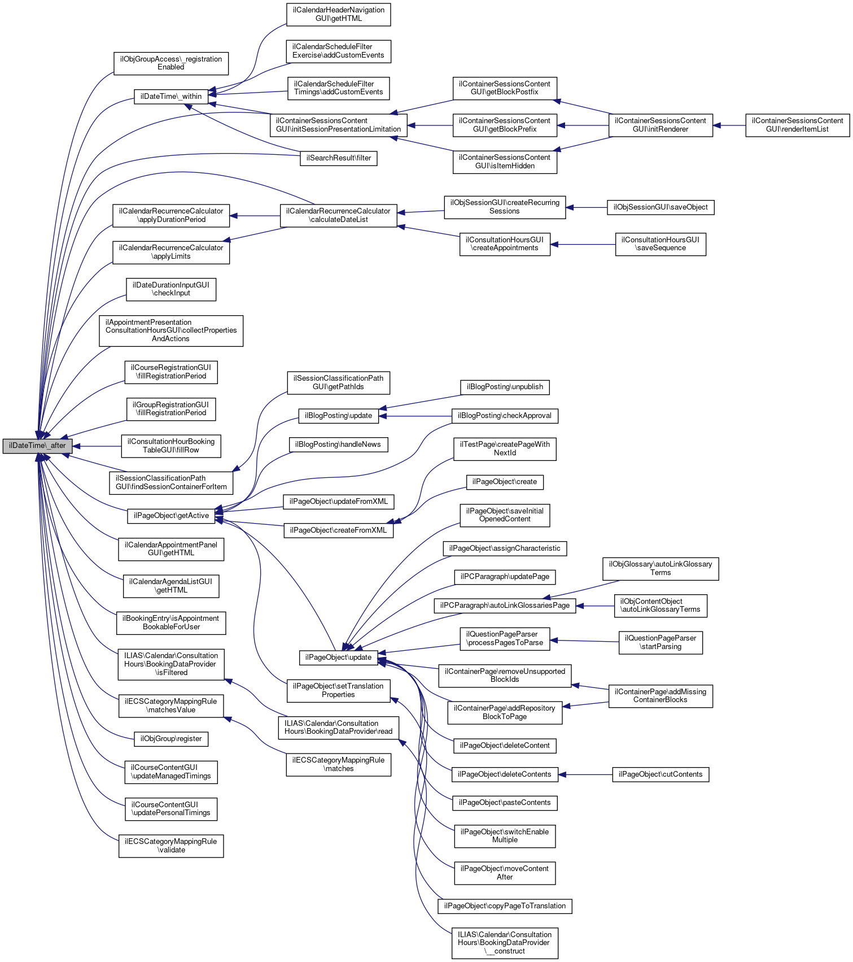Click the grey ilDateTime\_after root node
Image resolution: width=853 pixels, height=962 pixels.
point(37,446)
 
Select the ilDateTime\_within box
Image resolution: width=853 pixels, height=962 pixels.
point(171,97)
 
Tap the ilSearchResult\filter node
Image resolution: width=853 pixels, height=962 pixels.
point(339,158)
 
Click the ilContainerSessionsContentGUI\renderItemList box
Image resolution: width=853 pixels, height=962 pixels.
point(797,125)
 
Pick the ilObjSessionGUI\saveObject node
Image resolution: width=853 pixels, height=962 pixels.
point(660,207)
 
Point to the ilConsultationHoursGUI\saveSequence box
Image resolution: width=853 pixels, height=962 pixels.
point(660,244)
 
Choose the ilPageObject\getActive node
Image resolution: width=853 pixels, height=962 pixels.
point(171,516)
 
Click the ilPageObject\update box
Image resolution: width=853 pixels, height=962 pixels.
point(338,658)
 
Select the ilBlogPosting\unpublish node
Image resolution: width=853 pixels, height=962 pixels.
point(505,387)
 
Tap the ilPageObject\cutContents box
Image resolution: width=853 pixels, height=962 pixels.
point(660,774)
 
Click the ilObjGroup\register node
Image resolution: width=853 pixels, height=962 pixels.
point(171,739)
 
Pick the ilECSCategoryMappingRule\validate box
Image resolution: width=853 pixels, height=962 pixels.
point(171,846)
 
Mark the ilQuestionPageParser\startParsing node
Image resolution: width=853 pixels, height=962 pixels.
point(660,643)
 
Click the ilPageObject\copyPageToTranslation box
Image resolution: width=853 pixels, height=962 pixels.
point(505,906)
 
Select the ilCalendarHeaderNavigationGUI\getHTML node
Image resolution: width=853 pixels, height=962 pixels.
point(339,14)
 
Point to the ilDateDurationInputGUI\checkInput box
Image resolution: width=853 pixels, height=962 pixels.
point(171,289)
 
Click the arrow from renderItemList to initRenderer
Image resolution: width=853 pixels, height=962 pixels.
point(729,125)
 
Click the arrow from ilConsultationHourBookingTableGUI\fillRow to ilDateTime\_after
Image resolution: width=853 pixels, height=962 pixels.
point(97,446)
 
